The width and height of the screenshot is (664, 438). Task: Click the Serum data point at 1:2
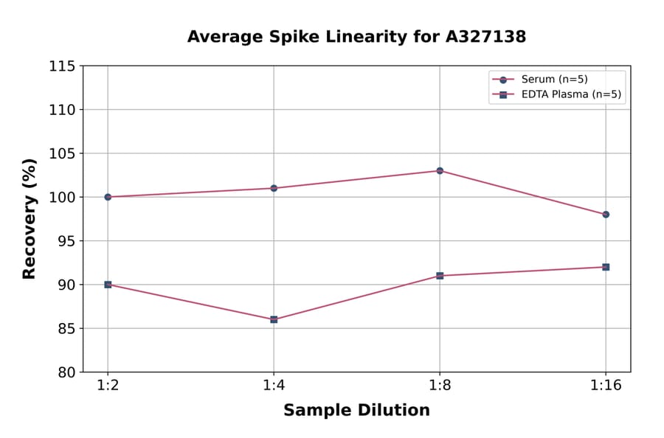click(108, 197)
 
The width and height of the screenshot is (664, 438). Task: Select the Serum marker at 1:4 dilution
click(274, 188)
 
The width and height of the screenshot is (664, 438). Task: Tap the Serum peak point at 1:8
click(440, 170)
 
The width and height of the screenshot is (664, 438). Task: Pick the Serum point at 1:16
click(606, 215)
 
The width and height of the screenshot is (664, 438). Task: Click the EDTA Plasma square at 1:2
click(108, 285)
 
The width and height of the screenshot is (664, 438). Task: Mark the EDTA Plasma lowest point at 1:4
click(274, 319)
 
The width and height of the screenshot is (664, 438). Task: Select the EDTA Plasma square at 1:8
click(440, 276)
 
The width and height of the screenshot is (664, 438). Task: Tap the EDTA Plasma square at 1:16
click(606, 267)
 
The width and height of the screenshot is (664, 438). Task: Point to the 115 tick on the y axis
click(62, 66)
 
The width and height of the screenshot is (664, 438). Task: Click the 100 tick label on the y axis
click(62, 198)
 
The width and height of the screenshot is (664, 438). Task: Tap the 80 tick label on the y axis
click(66, 372)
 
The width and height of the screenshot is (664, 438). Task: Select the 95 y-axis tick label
click(66, 241)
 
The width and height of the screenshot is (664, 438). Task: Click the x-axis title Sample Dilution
click(356, 411)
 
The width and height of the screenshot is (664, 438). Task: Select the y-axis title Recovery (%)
click(30, 219)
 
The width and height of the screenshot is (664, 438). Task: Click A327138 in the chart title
click(484, 37)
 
